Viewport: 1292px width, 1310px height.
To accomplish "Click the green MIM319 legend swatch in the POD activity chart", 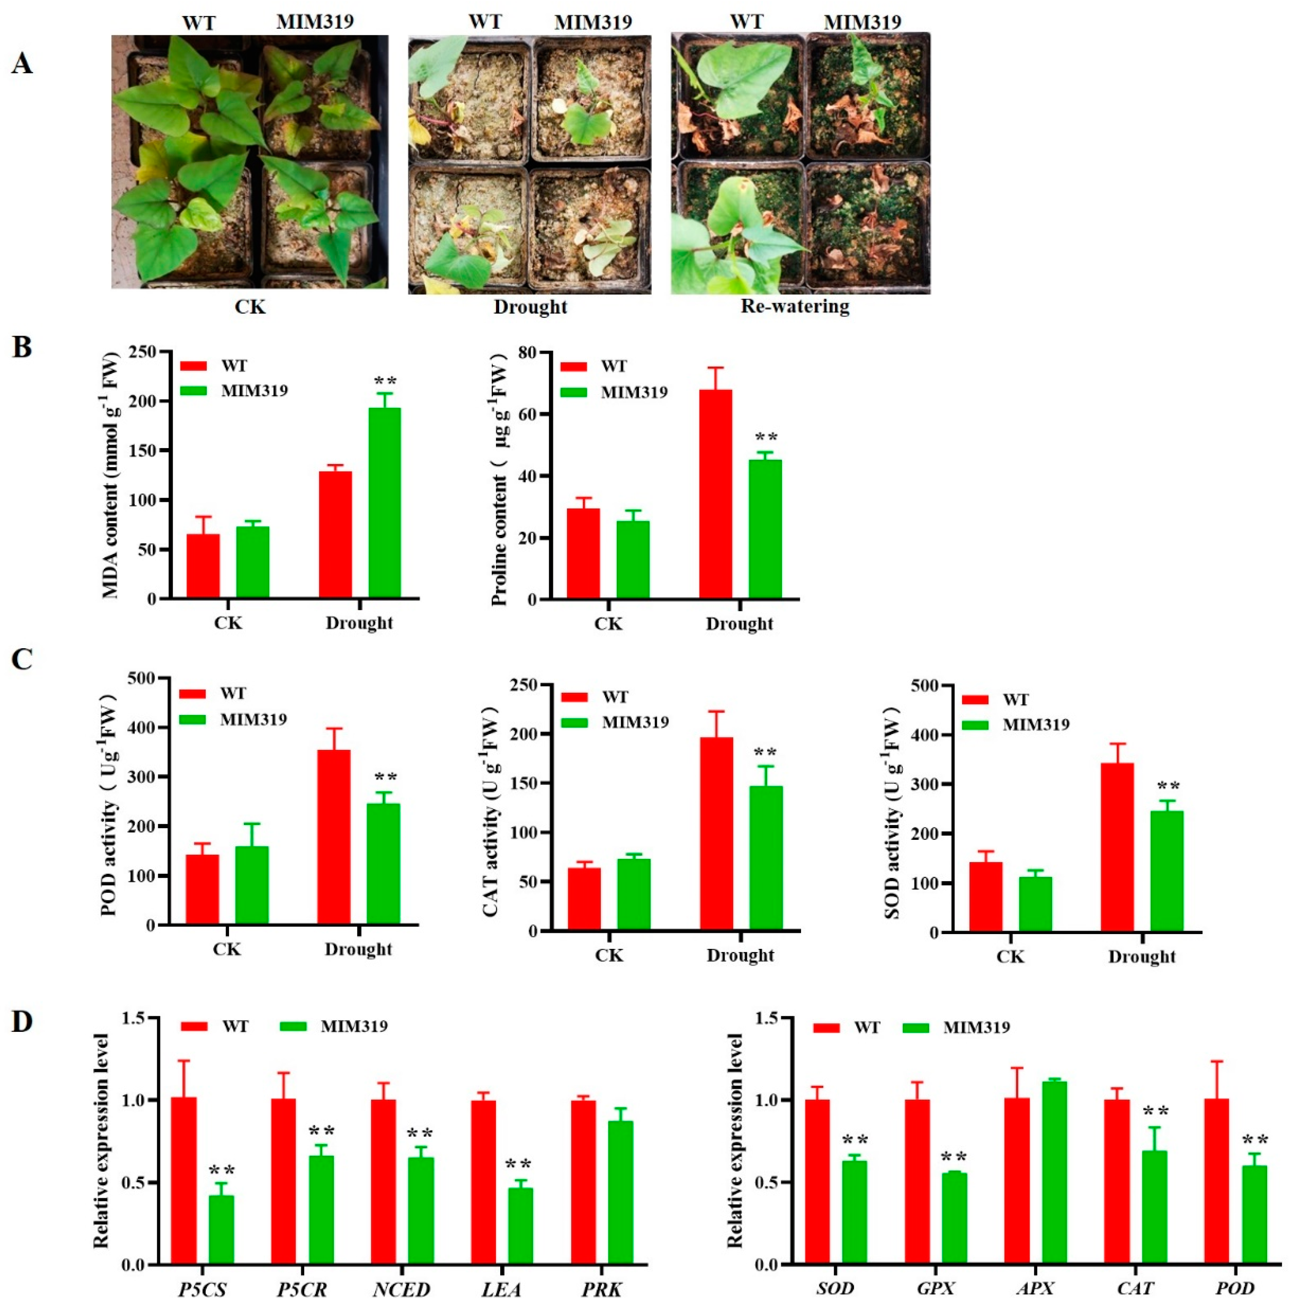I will tap(192, 720).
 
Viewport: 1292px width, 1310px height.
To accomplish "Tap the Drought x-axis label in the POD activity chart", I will tap(358, 949).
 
